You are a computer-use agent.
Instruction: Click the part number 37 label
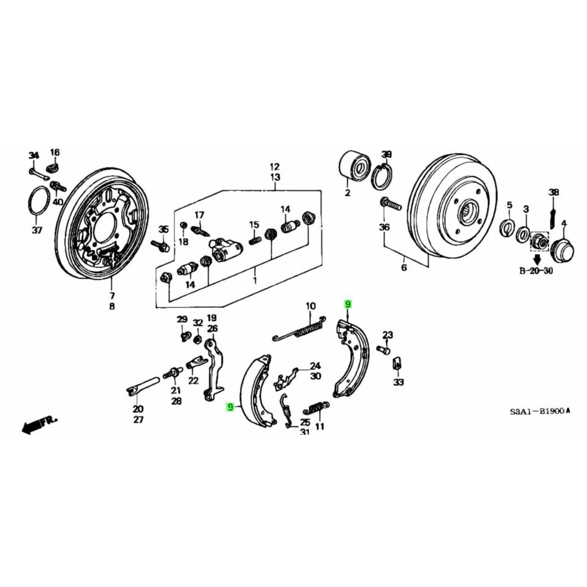tap(36, 230)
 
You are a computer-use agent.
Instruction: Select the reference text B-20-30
tap(536, 271)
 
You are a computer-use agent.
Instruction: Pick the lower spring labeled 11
tap(316, 408)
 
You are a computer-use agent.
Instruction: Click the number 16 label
tap(55, 152)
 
